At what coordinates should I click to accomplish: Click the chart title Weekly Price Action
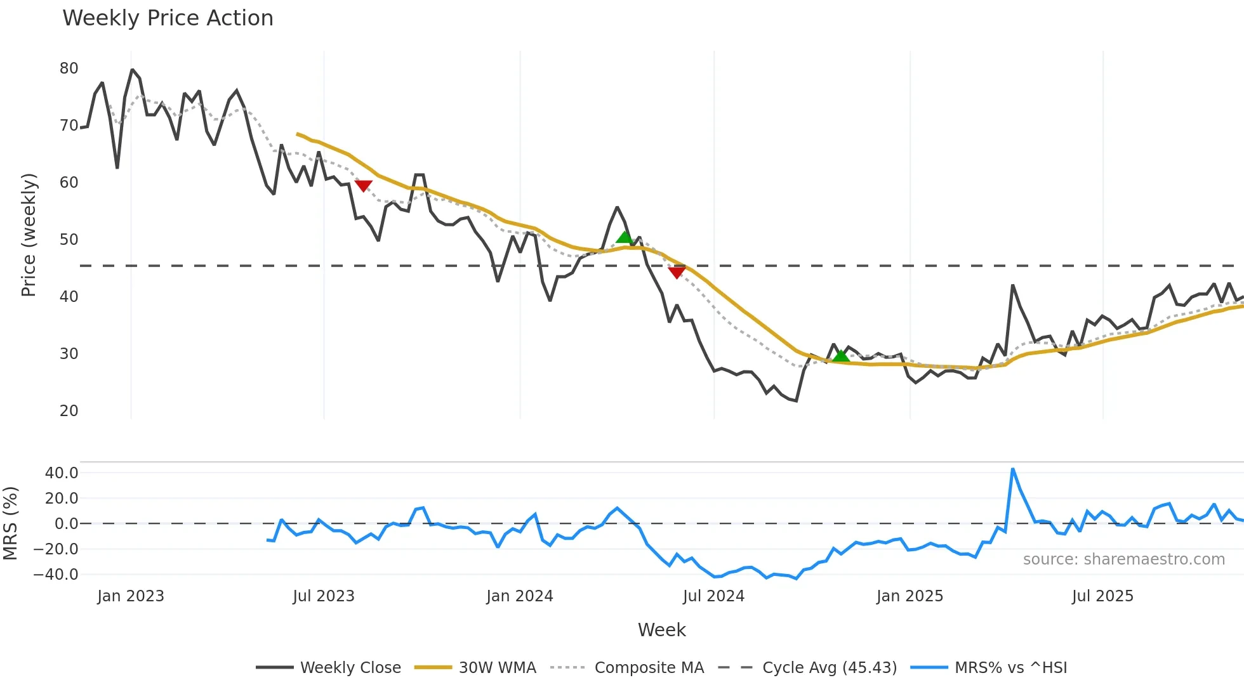click(x=168, y=18)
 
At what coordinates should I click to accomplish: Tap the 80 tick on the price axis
click(x=69, y=69)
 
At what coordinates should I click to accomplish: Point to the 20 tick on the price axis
click(x=69, y=411)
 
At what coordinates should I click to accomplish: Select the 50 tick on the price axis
click(x=69, y=240)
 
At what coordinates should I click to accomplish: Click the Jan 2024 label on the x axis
click(x=519, y=596)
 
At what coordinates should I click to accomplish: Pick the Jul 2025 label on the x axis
click(x=1102, y=596)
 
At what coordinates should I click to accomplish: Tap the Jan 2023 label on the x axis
click(x=131, y=596)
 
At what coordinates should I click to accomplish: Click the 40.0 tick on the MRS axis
click(x=62, y=473)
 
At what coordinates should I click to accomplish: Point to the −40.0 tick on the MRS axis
click(x=56, y=575)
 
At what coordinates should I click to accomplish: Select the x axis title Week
click(x=661, y=630)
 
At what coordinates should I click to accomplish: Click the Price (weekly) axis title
click(x=29, y=235)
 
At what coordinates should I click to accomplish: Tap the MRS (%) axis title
click(x=10, y=523)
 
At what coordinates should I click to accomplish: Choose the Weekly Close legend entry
click(x=350, y=668)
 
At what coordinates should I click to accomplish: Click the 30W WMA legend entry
click(x=497, y=668)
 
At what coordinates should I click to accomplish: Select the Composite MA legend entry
click(x=649, y=668)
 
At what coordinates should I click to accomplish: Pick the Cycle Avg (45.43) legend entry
click(x=829, y=668)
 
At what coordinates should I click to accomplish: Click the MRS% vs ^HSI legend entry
click(x=1010, y=668)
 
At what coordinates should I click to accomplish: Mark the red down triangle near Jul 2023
click(x=363, y=185)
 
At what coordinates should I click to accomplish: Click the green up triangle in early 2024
click(x=625, y=237)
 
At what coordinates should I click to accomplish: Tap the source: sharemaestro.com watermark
click(x=1123, y=559)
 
